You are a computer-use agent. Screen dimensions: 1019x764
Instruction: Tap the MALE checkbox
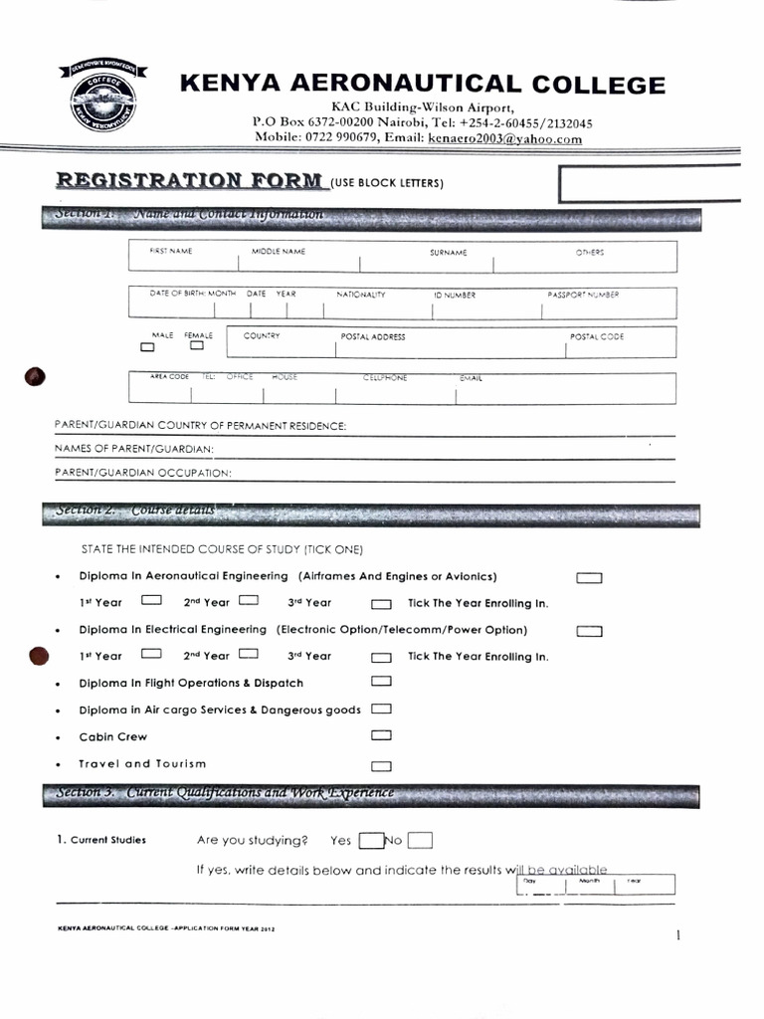pos(148,348)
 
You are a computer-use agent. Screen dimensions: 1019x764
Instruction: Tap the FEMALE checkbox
pos(197,347)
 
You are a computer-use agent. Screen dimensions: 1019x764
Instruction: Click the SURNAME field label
pos(448,253)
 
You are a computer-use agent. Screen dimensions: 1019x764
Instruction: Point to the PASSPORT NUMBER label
pos(583,295)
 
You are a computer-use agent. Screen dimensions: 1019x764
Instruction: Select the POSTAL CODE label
pos(597,336)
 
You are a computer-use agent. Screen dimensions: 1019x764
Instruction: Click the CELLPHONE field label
pos(385,378)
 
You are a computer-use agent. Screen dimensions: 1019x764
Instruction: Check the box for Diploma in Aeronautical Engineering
pos(590,577)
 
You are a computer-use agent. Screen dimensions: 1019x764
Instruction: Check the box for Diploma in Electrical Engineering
pos(590,631)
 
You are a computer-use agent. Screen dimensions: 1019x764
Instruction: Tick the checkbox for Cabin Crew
pos(381,736)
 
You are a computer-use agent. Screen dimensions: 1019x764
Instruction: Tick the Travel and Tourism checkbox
pos(381,766)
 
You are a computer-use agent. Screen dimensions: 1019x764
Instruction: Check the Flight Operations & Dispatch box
pos(381,682)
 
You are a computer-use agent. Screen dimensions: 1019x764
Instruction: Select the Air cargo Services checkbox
pos(381,710)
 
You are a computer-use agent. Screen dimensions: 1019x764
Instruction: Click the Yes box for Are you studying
pos(371,840)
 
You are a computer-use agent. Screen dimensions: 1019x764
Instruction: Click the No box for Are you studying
pos(420,840)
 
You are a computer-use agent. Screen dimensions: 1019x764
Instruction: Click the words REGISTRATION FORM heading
pos(190,181)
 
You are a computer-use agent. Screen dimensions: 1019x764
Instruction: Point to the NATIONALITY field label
pos(360,295)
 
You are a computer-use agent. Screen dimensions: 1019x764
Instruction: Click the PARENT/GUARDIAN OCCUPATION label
pos(142,472)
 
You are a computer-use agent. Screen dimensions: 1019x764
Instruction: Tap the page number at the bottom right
pos(677,935)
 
